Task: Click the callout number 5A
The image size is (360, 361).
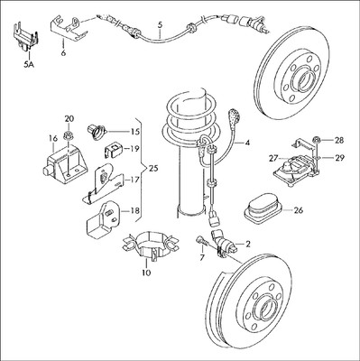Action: pos(29,64)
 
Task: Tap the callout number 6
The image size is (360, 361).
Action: pos(63,53)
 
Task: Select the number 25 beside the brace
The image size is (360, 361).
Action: pos(152,169)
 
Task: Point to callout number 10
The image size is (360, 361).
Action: pos(146,273)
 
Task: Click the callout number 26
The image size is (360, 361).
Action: pos(298,210)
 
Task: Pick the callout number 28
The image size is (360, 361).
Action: pos(339,140)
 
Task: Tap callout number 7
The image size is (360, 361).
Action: pos(202,257)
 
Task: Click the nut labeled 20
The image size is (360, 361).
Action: pos(69,136)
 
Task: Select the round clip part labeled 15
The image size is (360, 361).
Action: pos(97,133)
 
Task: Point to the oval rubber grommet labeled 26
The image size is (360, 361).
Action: pos(263,209)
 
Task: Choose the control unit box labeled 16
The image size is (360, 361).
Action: pos(65,163)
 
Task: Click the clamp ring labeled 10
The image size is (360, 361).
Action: pos(151,245)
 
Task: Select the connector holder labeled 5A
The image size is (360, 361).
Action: pos(25,34)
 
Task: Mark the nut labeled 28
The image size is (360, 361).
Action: pos(316,140)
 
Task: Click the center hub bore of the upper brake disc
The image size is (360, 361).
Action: pos(304,80)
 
